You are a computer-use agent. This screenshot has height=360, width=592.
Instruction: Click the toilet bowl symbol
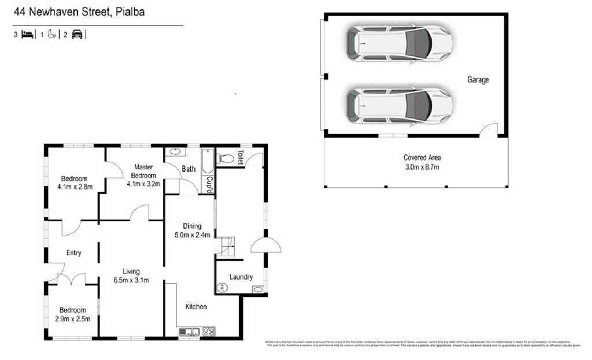pyautogui.click(x=226, y=158)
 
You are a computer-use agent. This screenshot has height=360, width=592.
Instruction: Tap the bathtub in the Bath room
pyautogui.click(x=207, y=162)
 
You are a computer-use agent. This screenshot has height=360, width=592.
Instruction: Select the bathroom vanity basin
pyautogui.click(x=175, y=153)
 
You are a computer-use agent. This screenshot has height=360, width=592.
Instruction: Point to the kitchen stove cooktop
pyautogui.click(x=208, y=332)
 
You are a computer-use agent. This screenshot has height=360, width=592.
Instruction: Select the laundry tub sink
pyautogui.click(x=258, y=289)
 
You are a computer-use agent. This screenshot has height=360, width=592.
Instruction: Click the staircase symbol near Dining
pyautogui.click(x=225, y=247)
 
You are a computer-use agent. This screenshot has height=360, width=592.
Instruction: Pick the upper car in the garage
pyautogui.click(x=399, y=43)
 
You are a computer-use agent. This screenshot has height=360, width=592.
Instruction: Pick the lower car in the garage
pyautogui.click(x=399, y=106)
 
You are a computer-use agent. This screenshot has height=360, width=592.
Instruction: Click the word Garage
pyautogui.click(x=478, y=80)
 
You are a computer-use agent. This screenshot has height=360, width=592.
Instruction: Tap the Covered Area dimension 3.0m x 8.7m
pyautogui.click(x=421, y=168)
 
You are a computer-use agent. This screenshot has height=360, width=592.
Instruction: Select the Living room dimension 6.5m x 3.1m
pyautogui.click(x=131, y=281)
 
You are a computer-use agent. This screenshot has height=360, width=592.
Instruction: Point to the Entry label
pyautogui.click(x=74, y=253)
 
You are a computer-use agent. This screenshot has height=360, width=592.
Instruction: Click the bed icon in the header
pyautogui.click(x=27, y=35)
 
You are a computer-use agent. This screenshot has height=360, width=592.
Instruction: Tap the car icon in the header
pyautogui.click(x=77, y=35)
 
